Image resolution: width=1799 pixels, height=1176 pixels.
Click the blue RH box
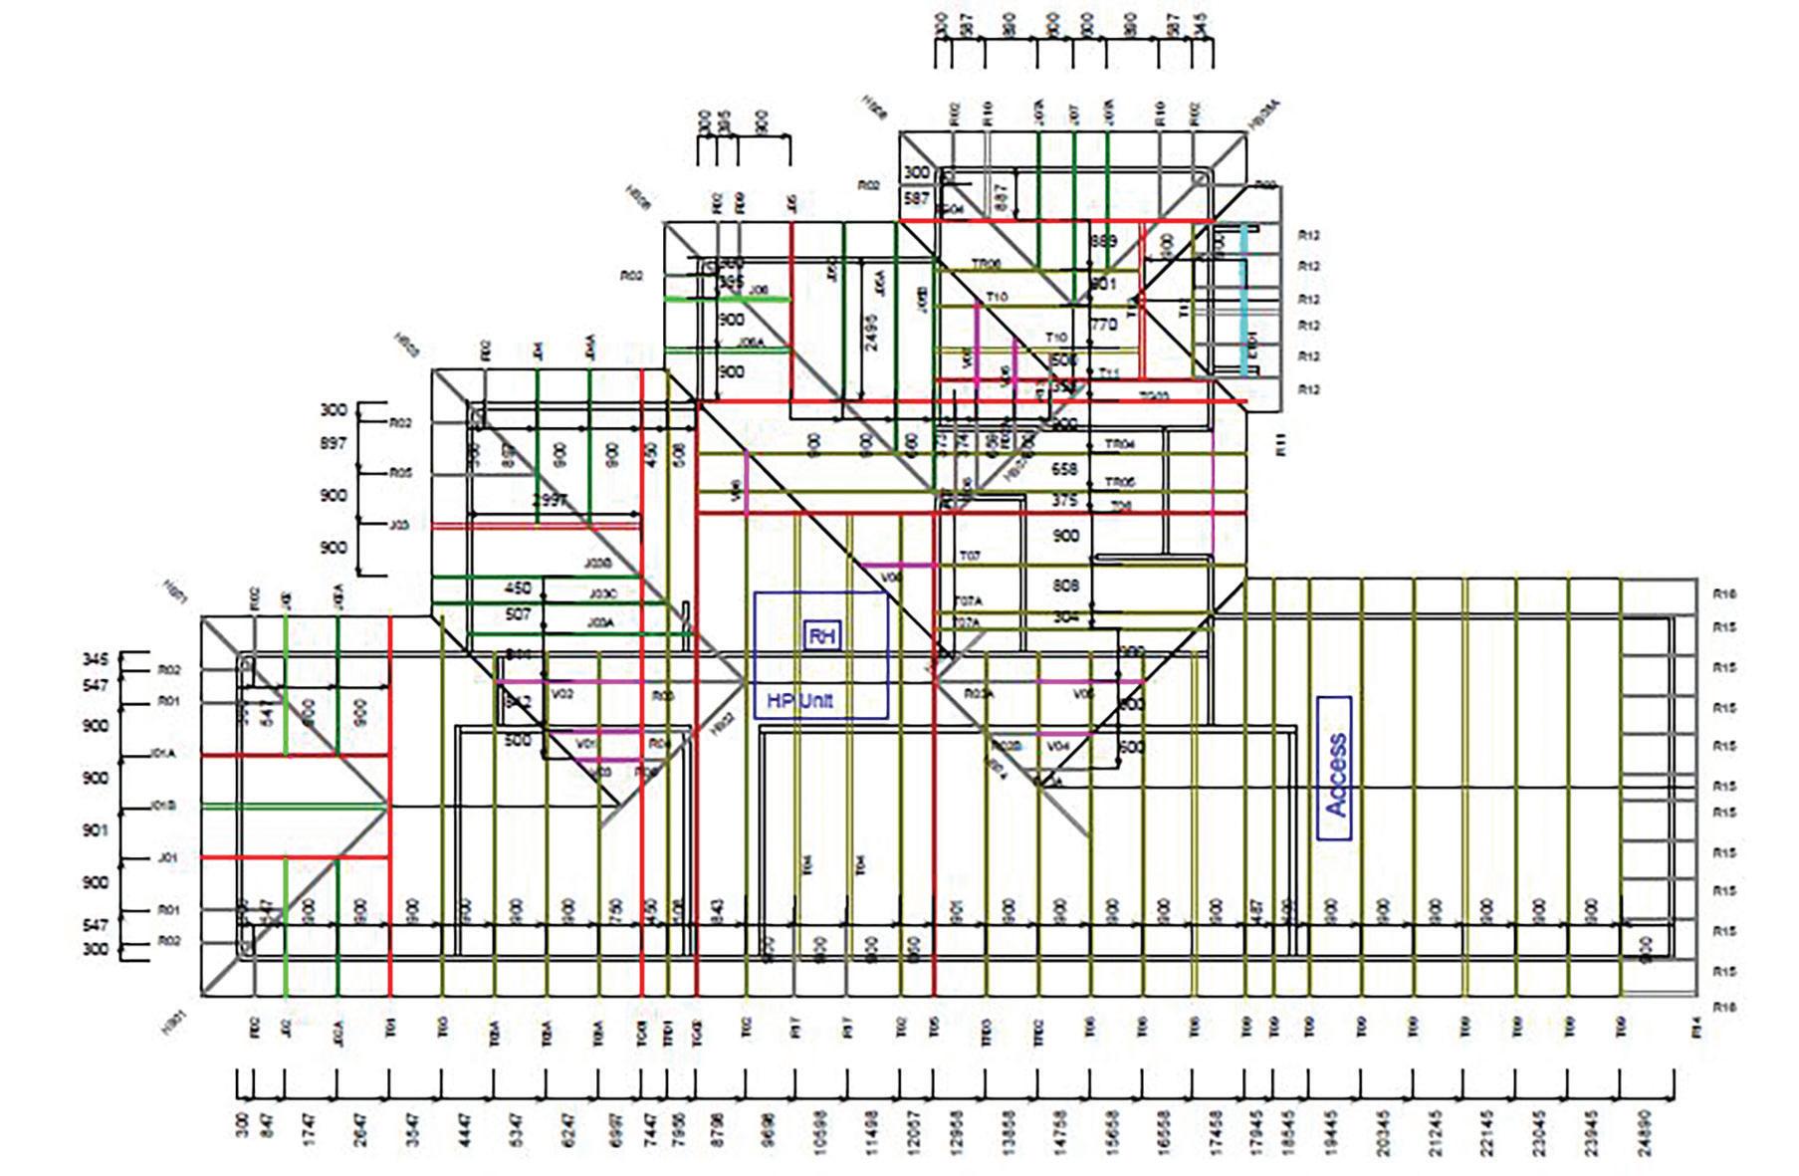[822, 636]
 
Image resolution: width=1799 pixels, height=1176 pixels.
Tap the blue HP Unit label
[799, 700]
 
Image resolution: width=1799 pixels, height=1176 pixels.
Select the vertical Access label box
[1335, 768]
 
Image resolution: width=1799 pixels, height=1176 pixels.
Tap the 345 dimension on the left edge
[96, 659]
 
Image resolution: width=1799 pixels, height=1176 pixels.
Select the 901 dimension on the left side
[96, 829]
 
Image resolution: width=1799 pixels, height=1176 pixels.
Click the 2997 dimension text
[550, 500]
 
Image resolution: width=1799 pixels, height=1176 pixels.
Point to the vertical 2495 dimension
[871, 326]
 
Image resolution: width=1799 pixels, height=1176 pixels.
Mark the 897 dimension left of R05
[333, 443]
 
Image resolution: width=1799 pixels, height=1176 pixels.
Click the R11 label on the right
[1281, 444]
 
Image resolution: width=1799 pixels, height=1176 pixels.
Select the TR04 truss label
[1120, 444]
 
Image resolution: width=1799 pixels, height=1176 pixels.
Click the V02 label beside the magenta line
[563, 694]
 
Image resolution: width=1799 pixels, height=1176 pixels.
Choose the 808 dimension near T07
[1065, 586]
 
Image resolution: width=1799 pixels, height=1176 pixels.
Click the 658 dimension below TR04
[1064, 468]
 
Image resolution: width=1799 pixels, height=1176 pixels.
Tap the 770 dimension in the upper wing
[1103, 325]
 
